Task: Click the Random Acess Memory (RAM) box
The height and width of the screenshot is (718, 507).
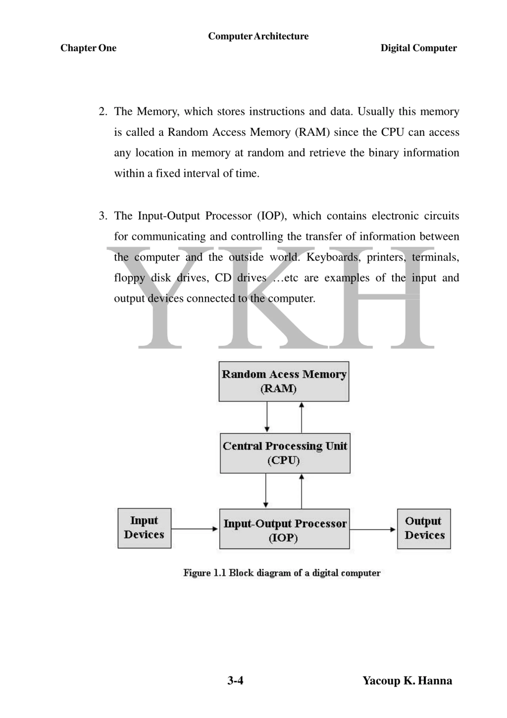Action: coord(284,381)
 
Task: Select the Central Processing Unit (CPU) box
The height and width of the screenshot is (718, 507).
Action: coord(285,453)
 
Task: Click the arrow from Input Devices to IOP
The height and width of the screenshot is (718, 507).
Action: coord(194,529)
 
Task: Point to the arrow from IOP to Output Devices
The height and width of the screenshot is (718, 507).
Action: coord(373,529)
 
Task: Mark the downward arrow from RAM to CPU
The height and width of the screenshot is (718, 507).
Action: coord(267,417)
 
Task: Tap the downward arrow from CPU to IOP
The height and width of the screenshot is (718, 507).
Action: coord(266,490)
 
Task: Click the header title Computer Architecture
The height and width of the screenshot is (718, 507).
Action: coord(258,36)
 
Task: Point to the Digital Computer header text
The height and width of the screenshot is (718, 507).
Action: coord(418,48)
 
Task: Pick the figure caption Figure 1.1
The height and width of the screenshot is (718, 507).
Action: coord(281,573)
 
